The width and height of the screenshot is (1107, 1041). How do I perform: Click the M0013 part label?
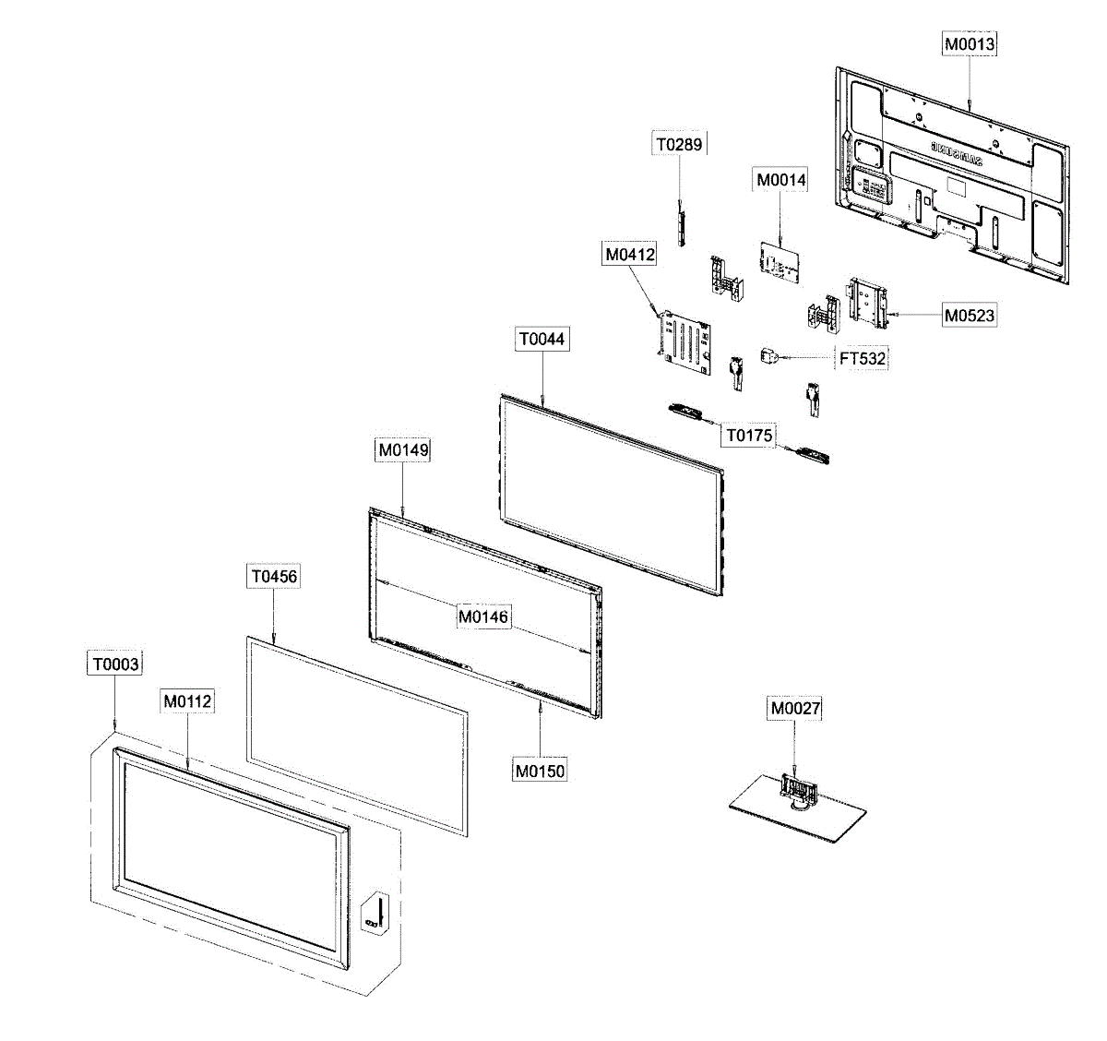(x=969, y=43)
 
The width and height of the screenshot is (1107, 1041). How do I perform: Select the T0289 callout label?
(x=679, y=144)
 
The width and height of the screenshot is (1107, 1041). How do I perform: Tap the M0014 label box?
(x=780, y=180)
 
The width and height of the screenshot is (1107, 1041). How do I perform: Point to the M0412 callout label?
(x=630, y=254)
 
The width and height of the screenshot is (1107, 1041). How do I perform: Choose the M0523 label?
(x=969, y=315)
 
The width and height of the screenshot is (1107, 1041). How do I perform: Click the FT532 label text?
(x=863, y=358)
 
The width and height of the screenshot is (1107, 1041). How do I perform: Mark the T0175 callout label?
(x=748, y=435)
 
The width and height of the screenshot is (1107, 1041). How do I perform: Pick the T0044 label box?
(x=541, y=339)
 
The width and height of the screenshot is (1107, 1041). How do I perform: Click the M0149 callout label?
(x=403, y=449)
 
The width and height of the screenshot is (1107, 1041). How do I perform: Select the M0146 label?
(x=483, y=616)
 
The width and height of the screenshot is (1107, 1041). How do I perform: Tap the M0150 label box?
(x=540, y=770)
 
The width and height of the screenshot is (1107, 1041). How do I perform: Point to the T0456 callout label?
(x=274, y=576)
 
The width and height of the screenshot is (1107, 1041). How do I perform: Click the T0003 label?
(x=115, y=664)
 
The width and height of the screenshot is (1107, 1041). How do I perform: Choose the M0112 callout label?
(x=187, y=701)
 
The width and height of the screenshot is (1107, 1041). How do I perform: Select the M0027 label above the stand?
(x=794, y=708)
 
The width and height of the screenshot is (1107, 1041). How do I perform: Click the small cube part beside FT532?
(x=768, y=355)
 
